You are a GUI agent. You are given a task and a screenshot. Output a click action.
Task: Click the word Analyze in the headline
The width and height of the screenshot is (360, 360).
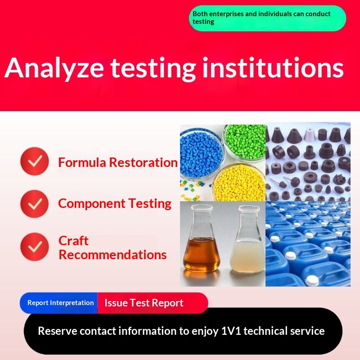click(54, 68)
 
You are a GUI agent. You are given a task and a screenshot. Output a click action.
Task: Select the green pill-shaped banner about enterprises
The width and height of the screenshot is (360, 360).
click(267, 18)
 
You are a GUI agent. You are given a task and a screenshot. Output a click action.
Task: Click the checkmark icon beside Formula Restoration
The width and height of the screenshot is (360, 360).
click(35, 161)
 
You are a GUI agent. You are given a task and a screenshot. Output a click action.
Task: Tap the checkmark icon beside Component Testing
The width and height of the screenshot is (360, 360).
click(35, 204)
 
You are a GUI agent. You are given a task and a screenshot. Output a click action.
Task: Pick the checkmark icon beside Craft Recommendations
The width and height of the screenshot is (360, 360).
click(35, 247)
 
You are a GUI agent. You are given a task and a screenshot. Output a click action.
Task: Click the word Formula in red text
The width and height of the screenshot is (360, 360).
click(82, 162)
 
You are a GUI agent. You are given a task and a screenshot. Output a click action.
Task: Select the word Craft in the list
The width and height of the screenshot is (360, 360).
click(73, 241)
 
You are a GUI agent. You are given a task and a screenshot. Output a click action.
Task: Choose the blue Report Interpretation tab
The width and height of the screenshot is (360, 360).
click(59, 303)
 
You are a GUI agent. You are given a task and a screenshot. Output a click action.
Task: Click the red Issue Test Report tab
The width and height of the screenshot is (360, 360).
click(153, 303)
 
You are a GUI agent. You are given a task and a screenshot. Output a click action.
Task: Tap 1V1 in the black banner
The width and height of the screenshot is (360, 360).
click(231, 331)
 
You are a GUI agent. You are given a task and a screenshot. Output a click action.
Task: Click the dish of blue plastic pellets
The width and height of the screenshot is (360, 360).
click(201, 154)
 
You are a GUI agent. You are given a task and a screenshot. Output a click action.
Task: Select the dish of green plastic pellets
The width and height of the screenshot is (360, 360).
click(245, 142)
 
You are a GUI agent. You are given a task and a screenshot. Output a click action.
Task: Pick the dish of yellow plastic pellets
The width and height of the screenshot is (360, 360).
click(239, 183)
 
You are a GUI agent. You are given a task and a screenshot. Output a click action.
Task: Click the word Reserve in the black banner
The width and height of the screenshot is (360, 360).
click(58, 331)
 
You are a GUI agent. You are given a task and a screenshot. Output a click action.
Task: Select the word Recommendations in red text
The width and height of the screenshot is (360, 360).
click(112, 255)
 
